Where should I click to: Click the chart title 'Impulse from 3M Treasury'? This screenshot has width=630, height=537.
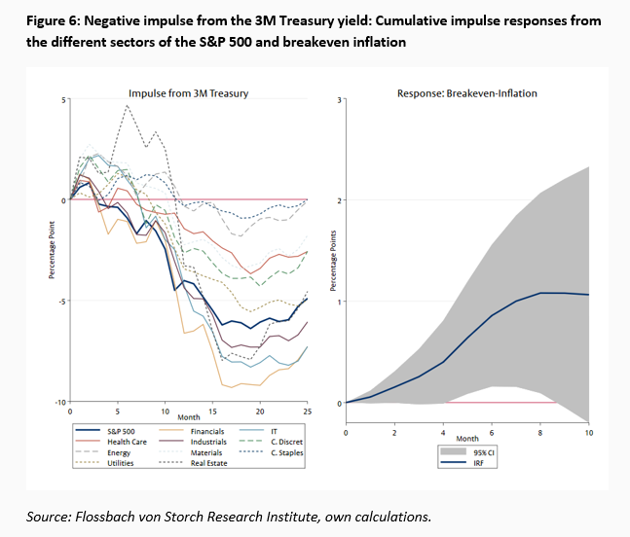[x=188, y=93]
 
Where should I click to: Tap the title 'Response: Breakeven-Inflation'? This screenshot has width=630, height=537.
[x=466, y=93]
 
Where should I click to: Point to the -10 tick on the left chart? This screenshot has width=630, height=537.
[x=60, y=402]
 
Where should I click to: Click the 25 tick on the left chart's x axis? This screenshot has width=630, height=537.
[x=307, y=412]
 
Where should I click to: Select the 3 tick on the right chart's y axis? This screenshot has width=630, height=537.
[x=337, y=99]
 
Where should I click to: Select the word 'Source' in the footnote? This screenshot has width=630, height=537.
[x=46, y=515]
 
